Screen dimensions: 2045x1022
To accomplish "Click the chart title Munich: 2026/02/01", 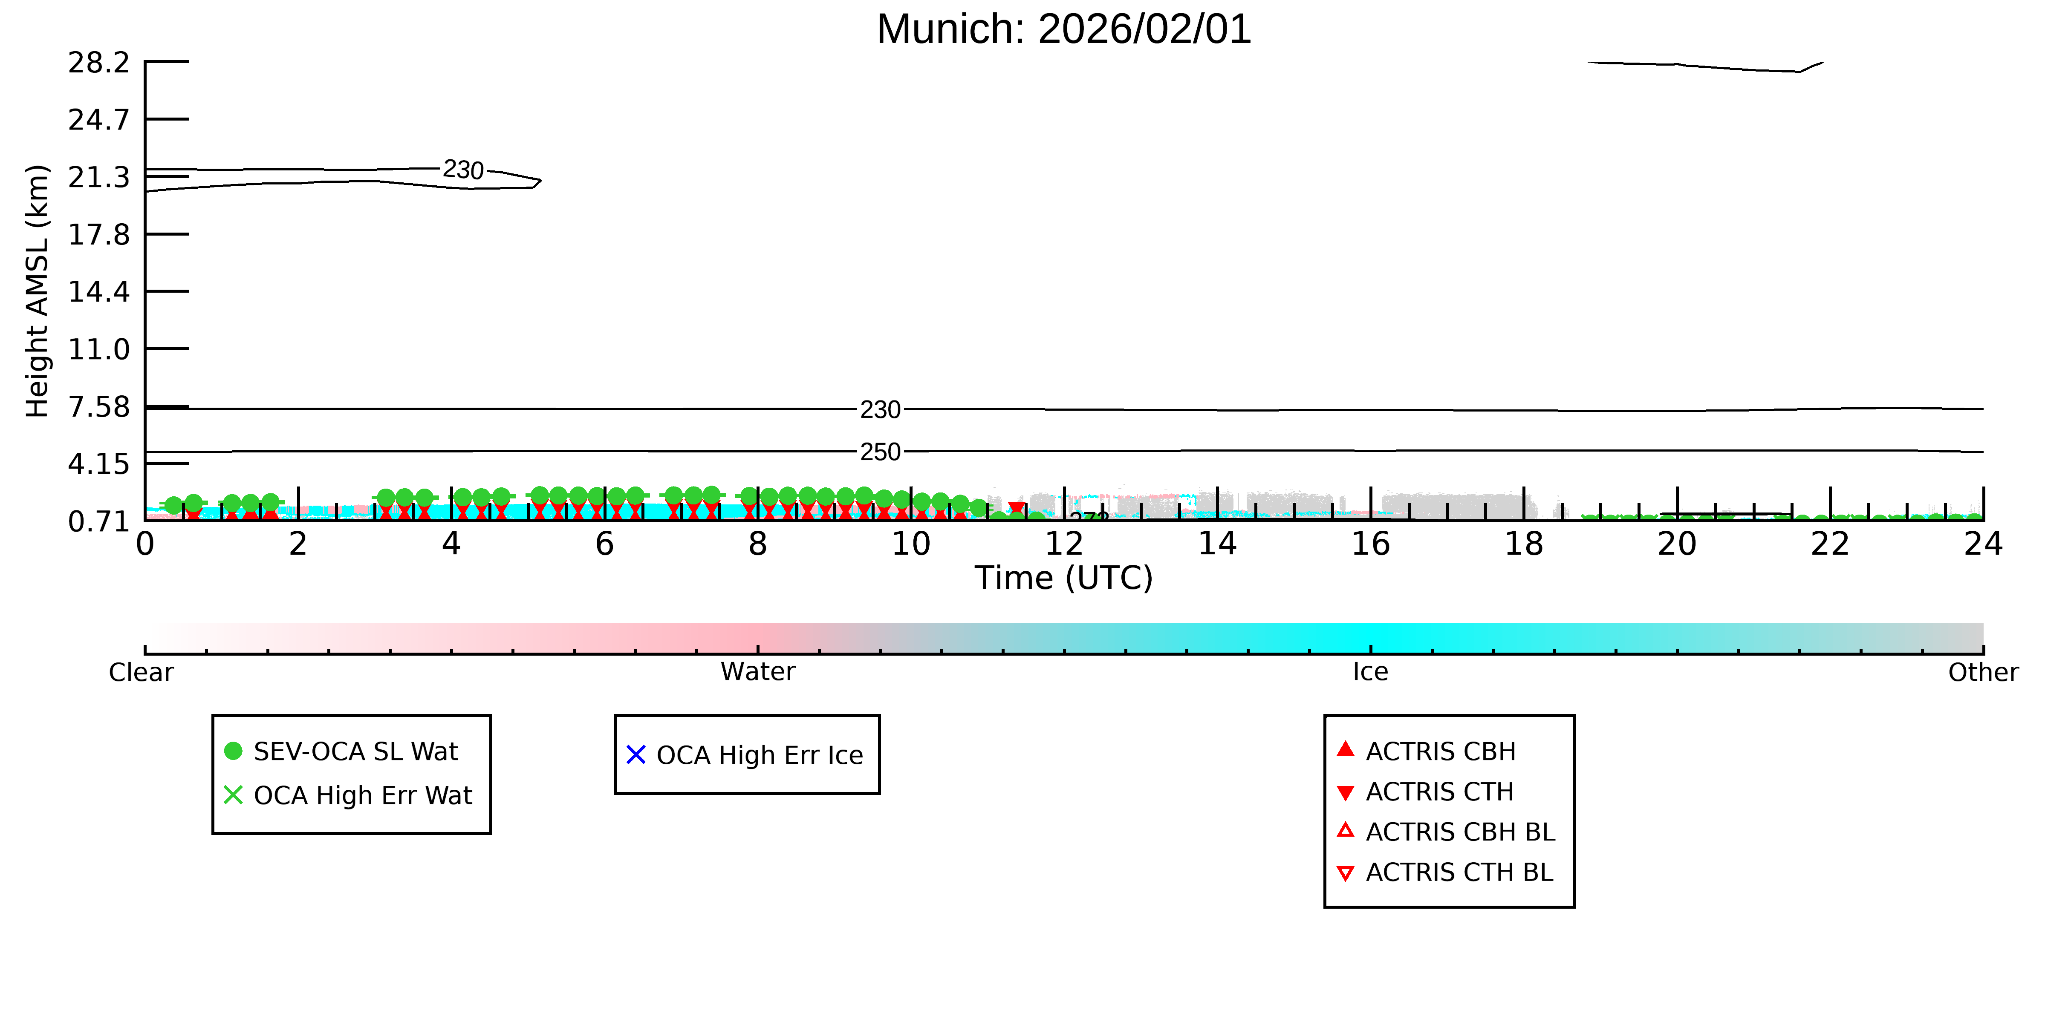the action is (x=1064, y=29).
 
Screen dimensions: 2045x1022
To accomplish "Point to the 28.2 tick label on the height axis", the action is (x=98, y=62).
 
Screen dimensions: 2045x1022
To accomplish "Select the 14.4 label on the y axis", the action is (x=98, y=292).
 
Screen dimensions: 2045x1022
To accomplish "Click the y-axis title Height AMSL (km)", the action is (x=38, y=291).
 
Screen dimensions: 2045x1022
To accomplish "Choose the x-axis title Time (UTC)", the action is (x=1064, y=578).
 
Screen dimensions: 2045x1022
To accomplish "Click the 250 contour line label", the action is (x=881, y=452).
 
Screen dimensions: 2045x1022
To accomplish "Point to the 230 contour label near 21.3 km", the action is (x=464, y=170).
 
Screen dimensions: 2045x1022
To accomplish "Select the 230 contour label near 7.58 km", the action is (x=881, y=410).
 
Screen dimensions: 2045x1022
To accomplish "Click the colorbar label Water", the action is (x=758, y=672).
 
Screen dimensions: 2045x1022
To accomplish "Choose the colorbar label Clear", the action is (x=142, y=672).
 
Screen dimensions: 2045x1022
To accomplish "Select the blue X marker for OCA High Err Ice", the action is (x=636, y=754).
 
